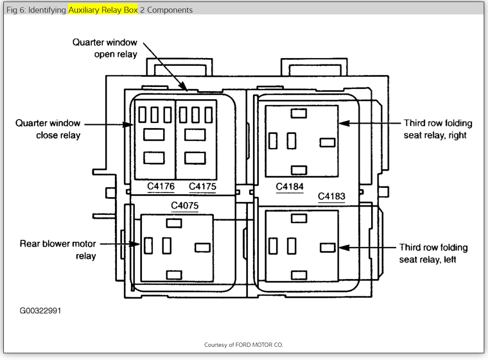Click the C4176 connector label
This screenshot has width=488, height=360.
point(161,186)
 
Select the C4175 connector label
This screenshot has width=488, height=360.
point(202,186)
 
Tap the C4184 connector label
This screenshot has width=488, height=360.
point(290,186)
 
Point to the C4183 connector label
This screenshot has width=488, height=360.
point(332,196)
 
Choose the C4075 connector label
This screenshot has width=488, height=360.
point(185,206)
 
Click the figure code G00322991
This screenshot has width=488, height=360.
point(40,310)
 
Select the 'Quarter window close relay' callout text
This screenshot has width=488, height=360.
point(48,129)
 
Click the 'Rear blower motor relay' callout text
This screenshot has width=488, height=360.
point(58,250)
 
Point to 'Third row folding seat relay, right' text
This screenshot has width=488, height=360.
point(438,129)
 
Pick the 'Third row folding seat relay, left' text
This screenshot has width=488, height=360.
point(433,253)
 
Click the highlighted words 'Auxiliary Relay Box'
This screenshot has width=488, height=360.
point(103,10)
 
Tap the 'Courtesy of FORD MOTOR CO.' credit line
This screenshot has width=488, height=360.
point(244,345)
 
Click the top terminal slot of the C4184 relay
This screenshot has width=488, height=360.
point(299,113)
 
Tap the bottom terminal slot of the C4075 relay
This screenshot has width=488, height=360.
point(174,275)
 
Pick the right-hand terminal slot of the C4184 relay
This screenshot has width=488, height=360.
point(327,142)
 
